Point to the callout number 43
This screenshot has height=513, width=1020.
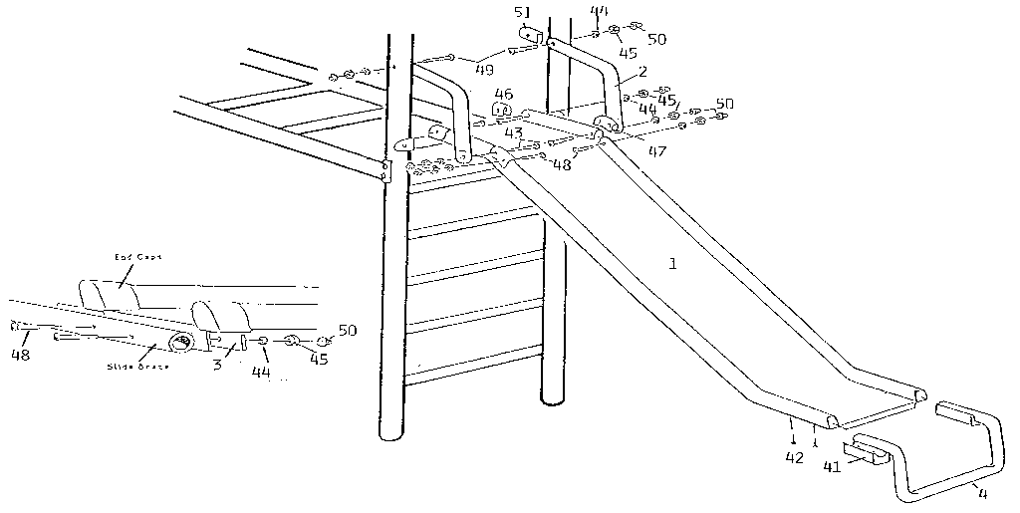[514, 132]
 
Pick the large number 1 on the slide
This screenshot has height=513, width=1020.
[674, 265]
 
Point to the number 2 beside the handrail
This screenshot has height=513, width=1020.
[642, 73]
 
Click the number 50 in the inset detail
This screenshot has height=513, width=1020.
[347, 330]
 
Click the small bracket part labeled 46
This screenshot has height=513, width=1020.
[503, 110]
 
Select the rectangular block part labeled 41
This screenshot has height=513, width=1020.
[866, 453]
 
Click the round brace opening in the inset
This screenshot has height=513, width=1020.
[182, 344]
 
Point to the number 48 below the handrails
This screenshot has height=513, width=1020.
[561, 164]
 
